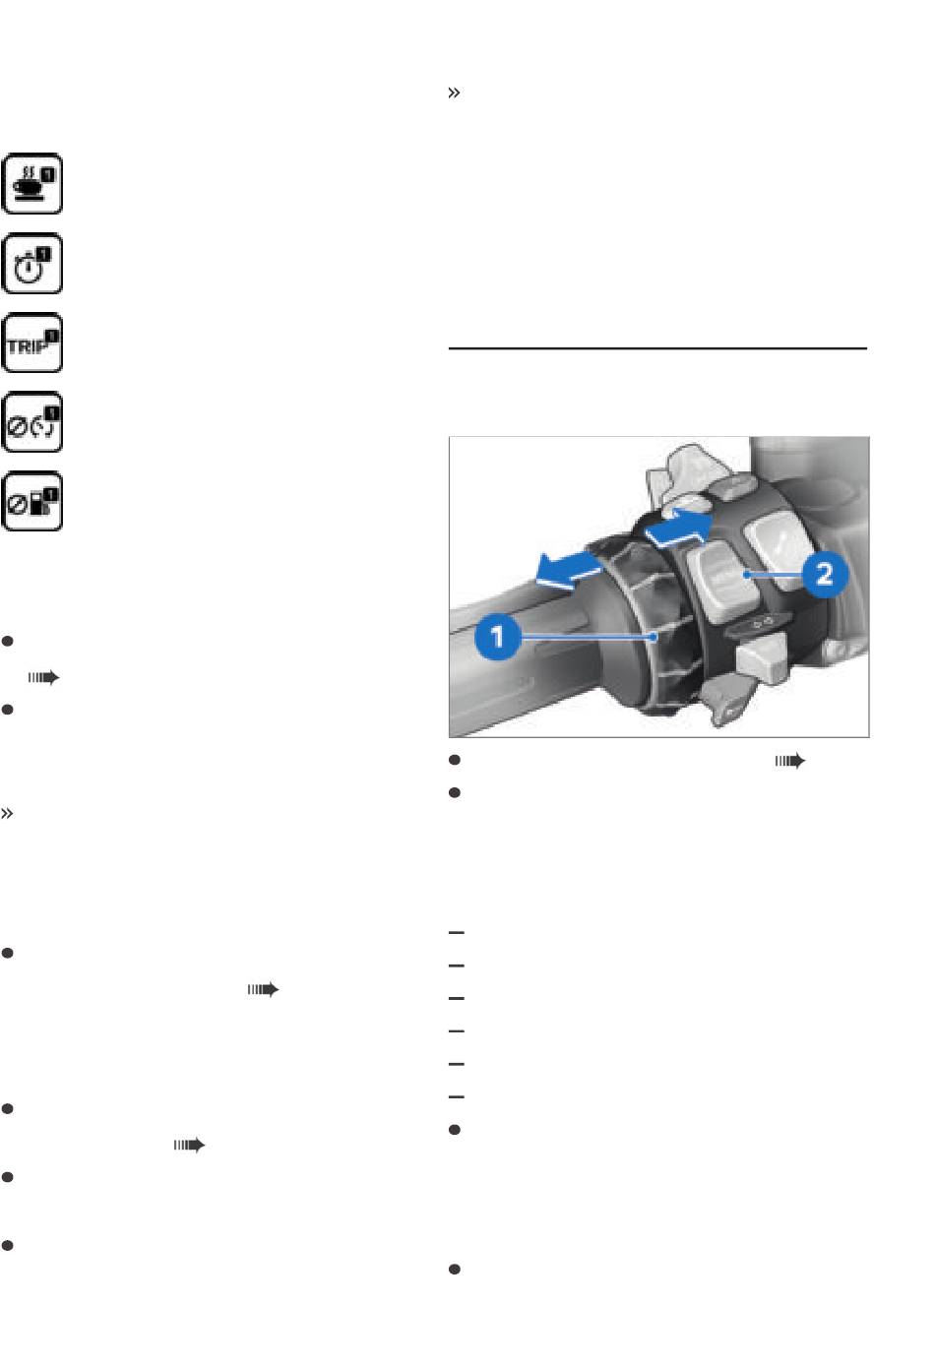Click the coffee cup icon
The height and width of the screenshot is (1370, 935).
pos(31,183)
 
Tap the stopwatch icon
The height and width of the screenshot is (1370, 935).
pos(31,263)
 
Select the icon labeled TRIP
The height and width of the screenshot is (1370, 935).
pos(31,342)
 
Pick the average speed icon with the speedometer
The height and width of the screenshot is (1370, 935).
pos(31,422)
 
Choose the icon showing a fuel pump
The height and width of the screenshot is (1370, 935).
pos(31,502)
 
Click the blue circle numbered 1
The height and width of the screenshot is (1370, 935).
pos(497,637)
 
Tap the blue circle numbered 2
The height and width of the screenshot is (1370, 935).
pos(825,574)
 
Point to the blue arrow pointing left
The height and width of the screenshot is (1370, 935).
pos(569,570)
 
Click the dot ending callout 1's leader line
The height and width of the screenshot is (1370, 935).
pos(654,638)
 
